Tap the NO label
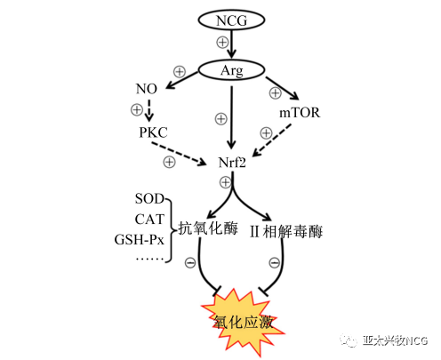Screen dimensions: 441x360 click(146, 89)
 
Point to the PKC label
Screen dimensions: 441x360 click(153, 132)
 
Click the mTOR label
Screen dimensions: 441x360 click(300, 113)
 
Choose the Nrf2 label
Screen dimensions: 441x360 click(232, 163)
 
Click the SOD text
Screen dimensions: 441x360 click(149, 198)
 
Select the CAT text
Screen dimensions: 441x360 click(149, 220)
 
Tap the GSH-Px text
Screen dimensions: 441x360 click(139, 239)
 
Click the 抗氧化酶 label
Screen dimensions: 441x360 click(208, 228)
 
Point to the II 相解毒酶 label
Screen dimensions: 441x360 click(286, 231)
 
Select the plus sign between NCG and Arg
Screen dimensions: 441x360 click(222, 42)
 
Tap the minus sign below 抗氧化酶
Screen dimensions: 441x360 click(190, 262)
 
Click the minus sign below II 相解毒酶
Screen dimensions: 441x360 click(274, 262)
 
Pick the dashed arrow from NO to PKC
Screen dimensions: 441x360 click(149, 110)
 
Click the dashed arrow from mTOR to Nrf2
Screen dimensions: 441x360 click(272, 140)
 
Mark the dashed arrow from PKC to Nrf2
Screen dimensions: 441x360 click(179, 154)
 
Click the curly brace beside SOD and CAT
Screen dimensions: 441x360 click(170, 230)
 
